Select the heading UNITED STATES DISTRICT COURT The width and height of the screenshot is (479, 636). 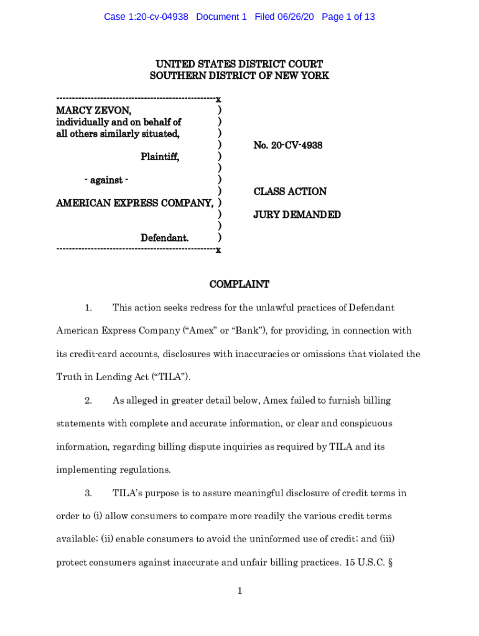[x=239, y=64]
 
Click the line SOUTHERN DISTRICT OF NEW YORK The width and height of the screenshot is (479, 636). [x=239, y=76]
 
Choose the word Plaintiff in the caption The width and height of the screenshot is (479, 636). [x=160, y=157]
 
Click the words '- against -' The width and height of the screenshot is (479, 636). [x=106, y=180]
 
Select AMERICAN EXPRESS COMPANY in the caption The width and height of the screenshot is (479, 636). [x=134, y=203]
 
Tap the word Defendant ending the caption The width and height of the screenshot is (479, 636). [x=164, y=238]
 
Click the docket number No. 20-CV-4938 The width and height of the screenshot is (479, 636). [x=288, y=145]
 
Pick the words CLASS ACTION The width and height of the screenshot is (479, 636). [x=290, y=192]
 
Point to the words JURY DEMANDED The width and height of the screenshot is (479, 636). [x=297, y=215]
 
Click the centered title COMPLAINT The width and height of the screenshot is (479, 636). [x=239, y=284]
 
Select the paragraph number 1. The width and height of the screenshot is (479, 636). [x=88, y=308]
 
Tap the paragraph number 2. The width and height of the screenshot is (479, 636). [x=88, y=401]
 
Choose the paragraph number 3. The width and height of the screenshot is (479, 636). [x=88, y=494]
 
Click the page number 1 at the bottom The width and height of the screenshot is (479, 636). [x=239, y=591]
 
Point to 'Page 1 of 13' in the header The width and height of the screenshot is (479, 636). [x=348, y=17]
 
